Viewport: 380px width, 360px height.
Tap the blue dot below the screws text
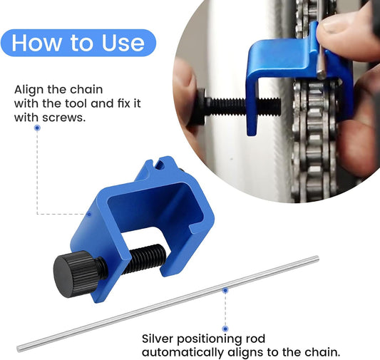(x=37, y=128)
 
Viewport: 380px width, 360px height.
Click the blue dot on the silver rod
(x=225, y=290)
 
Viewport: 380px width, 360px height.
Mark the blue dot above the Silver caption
(x=225, y=328)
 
